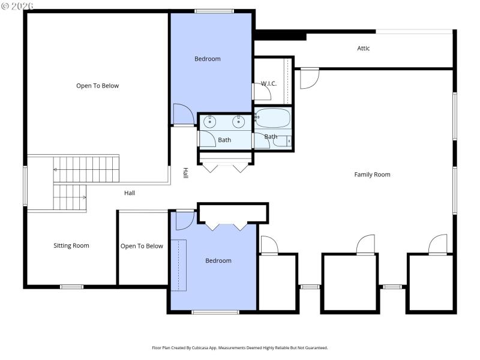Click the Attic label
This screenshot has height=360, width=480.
point(364,49)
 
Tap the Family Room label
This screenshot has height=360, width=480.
point(372,175)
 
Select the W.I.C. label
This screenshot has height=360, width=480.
point(268,83)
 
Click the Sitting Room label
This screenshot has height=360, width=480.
point(71,245)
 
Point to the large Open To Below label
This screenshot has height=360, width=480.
point(97,86)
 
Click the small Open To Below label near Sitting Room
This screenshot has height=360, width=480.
point(142,246)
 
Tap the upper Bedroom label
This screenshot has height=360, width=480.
point(208,59)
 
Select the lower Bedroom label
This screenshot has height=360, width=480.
point(218,260)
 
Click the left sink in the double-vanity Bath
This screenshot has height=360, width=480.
point(210,122)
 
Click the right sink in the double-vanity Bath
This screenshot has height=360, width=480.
point(239,122)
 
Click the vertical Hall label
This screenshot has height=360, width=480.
point(186,173)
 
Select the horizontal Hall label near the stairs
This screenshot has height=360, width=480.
point(130,193)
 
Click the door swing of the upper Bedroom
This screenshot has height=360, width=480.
point(182,114)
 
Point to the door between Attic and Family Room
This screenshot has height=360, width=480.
point(308,78)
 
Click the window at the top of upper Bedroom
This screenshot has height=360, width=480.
point(214,11)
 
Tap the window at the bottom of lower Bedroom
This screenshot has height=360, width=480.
point(215,312)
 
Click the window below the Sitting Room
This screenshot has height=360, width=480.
point(71,287)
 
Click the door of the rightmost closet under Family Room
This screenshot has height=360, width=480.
point(438,245)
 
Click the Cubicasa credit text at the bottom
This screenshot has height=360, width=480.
point(240,347)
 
